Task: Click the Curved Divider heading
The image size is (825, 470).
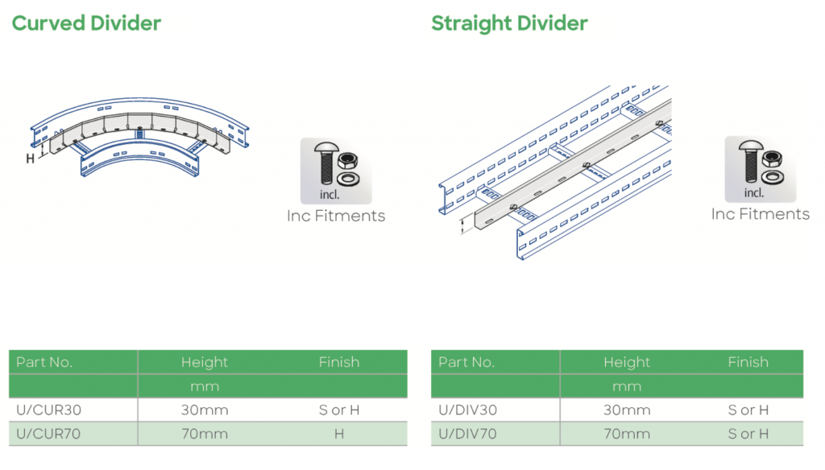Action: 86,23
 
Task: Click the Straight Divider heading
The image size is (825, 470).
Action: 509,23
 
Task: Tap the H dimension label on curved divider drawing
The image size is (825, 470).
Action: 30,159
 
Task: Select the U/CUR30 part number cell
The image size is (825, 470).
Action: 48,410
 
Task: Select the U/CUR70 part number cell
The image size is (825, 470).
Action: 48,434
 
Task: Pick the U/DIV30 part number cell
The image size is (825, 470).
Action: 468,410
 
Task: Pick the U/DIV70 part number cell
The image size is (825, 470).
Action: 468,434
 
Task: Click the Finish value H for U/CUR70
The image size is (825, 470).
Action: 338,434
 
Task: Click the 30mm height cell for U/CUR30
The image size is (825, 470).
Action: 205,410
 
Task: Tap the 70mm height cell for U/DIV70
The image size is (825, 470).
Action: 627,434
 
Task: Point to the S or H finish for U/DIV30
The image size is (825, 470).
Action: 748,410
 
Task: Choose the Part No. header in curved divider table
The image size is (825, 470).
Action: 44,362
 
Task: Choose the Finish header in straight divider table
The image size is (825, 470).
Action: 748,362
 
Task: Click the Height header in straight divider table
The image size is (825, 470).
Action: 627,362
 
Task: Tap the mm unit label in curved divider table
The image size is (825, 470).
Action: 205,386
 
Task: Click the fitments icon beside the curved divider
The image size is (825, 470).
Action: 336,171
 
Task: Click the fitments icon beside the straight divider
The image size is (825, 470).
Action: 760,169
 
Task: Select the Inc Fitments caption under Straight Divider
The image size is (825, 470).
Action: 760,214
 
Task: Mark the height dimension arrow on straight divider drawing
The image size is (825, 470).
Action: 462,225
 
